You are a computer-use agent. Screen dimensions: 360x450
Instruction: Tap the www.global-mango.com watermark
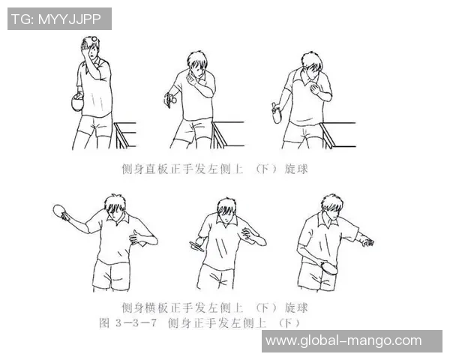[x=343, y=340]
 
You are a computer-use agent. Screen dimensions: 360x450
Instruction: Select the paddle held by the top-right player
[x=277, y=115]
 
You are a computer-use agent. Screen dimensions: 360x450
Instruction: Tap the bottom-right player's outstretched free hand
[x=364, y=242]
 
